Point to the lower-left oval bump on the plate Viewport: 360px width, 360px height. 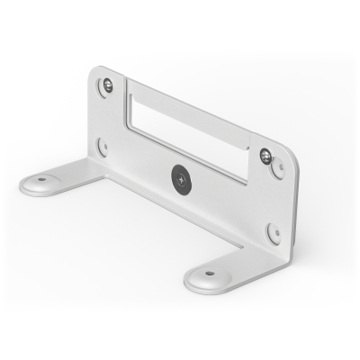click(x=103, y=147)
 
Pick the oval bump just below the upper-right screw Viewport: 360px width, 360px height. click(x=278, y=168)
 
